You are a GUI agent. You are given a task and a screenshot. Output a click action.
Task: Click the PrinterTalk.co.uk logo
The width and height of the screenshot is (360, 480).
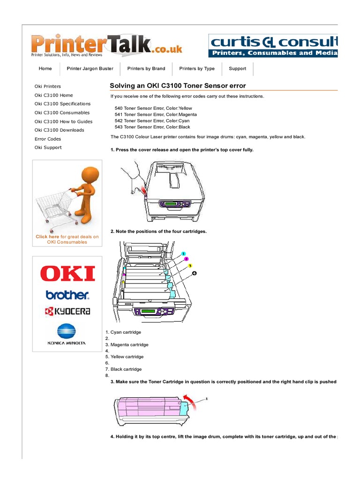(107, 45)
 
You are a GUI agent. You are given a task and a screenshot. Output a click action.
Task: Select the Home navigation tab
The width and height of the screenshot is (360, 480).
(45, 68)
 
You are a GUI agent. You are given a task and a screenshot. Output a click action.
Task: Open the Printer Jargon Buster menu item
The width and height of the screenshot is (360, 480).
(90, 68)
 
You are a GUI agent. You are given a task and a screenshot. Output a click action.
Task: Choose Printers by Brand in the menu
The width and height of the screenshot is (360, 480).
(146, 68)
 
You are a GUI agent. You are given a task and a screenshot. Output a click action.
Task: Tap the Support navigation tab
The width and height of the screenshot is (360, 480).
(237, 68)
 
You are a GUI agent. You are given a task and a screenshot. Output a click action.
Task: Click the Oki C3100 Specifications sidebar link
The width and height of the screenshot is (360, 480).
(62, 104)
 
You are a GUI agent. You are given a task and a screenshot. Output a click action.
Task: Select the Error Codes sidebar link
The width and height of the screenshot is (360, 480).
(48, 139)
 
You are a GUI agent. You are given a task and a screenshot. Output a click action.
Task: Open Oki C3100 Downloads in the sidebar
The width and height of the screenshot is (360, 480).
(59, 130)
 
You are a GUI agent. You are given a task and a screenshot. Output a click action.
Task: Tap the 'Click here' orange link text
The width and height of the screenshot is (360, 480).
(47, 237)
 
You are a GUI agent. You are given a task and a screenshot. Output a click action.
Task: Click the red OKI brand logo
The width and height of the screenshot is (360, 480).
(67, 274)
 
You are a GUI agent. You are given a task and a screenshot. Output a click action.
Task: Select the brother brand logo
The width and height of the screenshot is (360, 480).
(67, 295)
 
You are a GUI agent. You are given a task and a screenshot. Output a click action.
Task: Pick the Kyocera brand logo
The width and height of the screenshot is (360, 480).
(67, 311)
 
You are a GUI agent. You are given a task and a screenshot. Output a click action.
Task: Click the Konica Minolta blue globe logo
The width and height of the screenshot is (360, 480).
(67, 332)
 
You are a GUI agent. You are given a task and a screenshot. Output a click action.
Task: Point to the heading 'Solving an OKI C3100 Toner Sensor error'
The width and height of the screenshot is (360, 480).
(178, 86)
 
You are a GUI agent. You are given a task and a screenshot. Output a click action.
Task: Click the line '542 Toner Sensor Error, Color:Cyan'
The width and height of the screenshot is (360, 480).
(149, 121)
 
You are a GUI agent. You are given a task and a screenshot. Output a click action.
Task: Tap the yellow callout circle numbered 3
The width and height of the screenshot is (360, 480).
(190, 266)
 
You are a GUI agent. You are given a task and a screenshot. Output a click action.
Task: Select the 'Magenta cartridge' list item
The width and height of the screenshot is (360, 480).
(129, 345)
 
